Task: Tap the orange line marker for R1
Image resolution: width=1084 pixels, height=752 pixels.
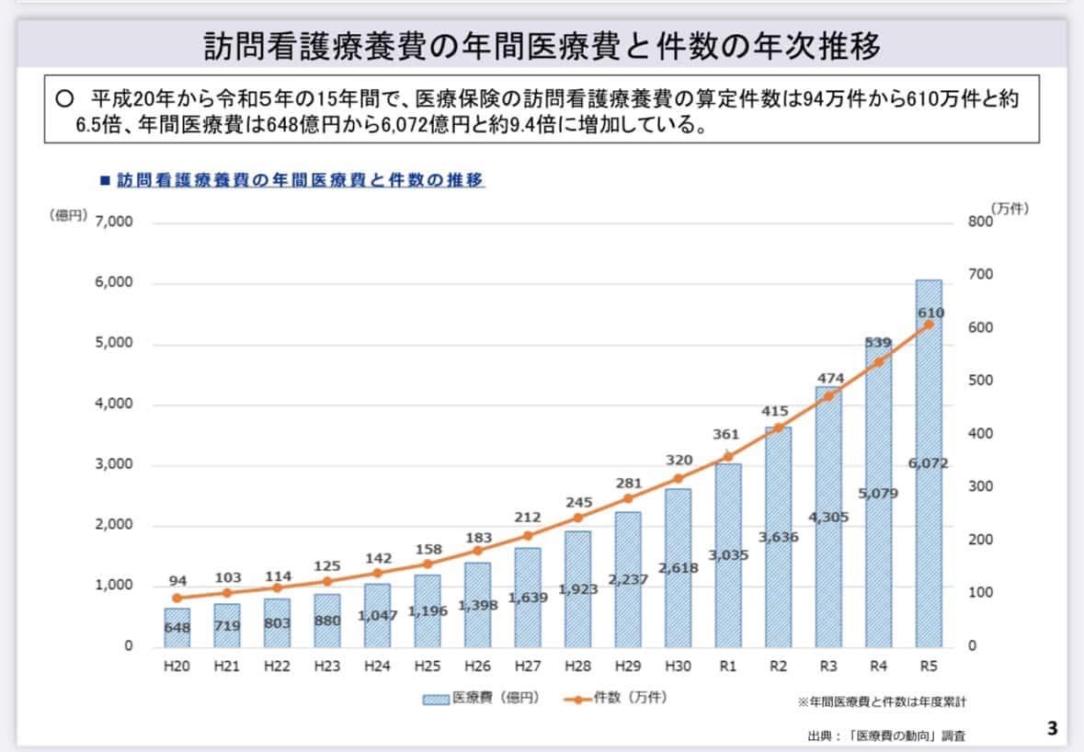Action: (x=728, y=456)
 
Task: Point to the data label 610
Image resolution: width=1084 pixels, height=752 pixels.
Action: (x=930, y=313)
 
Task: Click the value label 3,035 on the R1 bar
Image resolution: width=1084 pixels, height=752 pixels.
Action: (x=728, y=554)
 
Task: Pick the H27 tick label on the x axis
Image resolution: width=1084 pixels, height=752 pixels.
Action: (x=527, y=667)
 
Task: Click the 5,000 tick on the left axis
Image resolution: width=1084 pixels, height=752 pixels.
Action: (x=113, y=343)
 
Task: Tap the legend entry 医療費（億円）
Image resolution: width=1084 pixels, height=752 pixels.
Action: (x=481, y=698)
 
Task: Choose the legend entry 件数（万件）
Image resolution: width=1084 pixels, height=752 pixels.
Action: (x=618, y=698)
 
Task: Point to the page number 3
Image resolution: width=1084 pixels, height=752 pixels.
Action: (x=1052, y=729)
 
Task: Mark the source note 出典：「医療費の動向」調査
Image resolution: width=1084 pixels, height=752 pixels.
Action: (x=887, y=735)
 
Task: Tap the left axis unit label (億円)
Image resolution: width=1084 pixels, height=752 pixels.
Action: (x=68, y=215)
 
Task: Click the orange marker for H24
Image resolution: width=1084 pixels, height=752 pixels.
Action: (x=377, y=573)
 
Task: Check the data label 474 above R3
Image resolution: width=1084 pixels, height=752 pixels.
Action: (x=828, y=378)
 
